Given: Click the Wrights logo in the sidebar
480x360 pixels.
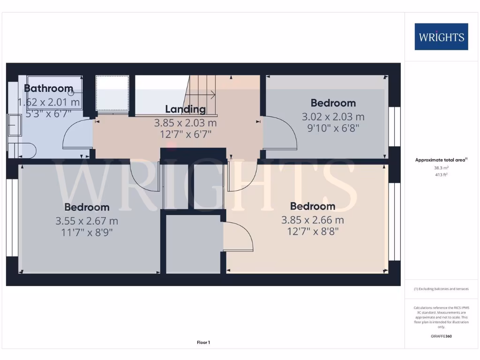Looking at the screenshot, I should click(441, 37).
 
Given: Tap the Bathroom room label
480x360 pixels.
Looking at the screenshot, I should click(48, 88).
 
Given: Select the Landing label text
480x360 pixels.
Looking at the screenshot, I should click(185, 109).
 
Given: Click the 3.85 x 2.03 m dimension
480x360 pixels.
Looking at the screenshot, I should click(186, 123).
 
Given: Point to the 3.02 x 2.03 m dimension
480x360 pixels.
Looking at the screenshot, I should click(333, 117).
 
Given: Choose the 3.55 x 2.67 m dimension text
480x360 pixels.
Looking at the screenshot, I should click(87, 221).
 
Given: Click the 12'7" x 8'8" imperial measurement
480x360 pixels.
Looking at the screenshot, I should click(312, 231).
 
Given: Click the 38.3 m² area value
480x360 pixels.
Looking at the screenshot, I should click(441, 167).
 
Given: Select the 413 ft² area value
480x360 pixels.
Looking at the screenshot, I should click(441, 174).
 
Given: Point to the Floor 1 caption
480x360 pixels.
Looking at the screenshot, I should click(203, 343).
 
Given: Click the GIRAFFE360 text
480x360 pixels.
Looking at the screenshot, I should click(441, 336).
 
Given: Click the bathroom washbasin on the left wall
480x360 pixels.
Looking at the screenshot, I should click(14, 124).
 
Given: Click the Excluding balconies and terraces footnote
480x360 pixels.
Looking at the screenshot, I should click(441, 289).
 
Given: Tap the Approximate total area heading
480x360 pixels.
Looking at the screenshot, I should click(441, 160).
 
